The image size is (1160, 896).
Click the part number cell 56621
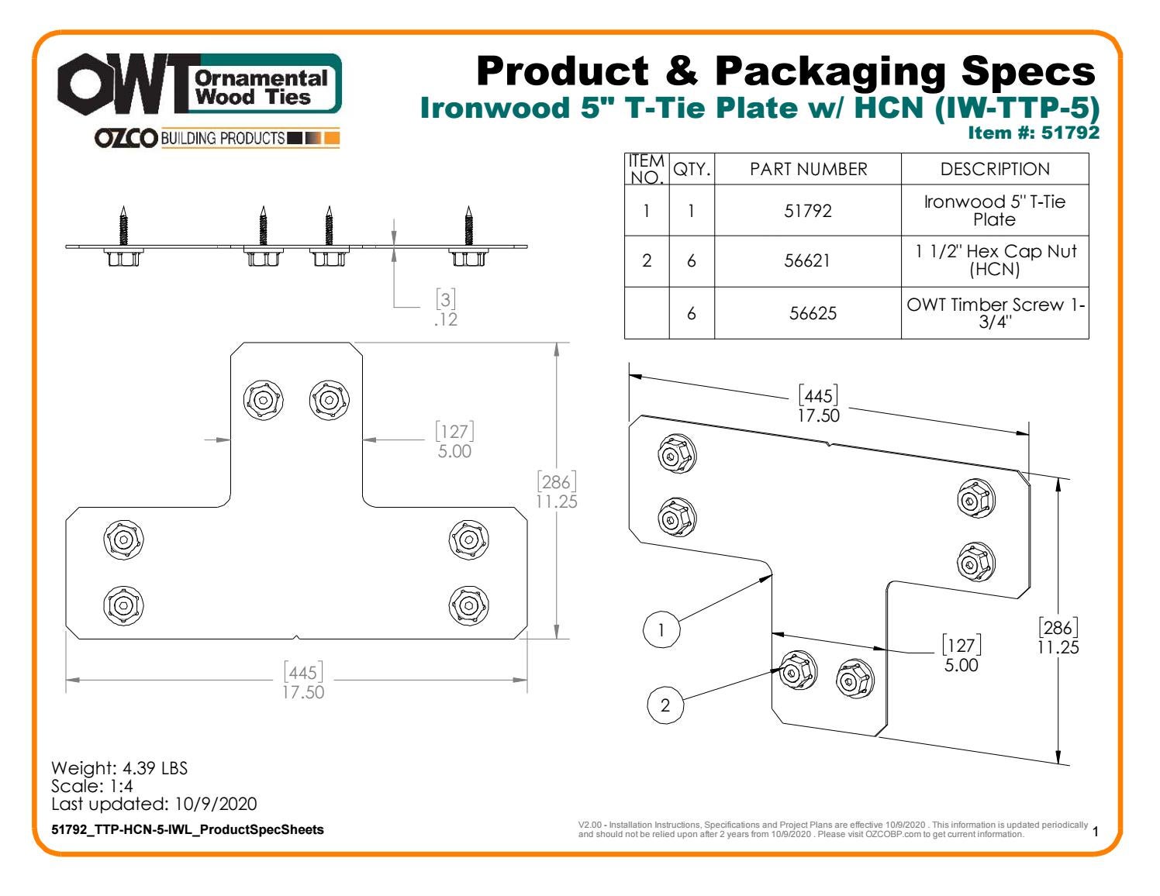807,261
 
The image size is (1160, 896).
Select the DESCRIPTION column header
995,169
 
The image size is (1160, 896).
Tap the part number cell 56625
807,314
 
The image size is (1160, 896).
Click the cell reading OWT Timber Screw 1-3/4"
995,313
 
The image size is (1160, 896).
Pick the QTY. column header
692,169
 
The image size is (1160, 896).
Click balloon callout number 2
665,705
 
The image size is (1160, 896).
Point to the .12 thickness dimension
446,319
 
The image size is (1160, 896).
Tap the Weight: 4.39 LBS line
119,768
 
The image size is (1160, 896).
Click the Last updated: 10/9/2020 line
154,804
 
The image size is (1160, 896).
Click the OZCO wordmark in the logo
126,139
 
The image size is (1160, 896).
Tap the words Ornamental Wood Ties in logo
262,88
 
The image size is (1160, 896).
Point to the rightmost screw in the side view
468,229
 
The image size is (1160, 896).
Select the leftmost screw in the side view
122,229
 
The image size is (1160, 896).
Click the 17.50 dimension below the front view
302,691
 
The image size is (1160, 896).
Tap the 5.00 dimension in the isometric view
961,665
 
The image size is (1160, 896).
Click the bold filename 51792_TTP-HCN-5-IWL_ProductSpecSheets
188,829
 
